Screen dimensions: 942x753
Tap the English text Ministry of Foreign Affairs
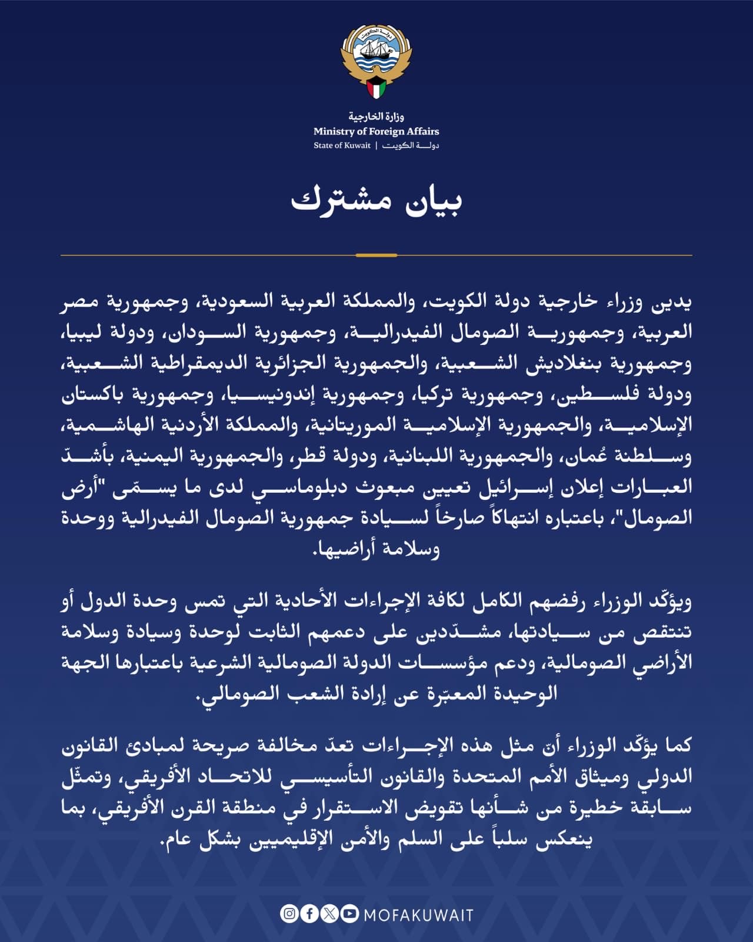[376, 131]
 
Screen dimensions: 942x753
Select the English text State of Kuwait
[342, 145]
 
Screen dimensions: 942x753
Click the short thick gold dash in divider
[376, 256]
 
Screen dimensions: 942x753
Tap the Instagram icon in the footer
[289, 914]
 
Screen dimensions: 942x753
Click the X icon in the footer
[330, 914]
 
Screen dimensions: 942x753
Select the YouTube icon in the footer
[349, 914]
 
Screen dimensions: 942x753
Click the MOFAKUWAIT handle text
[418, 914]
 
